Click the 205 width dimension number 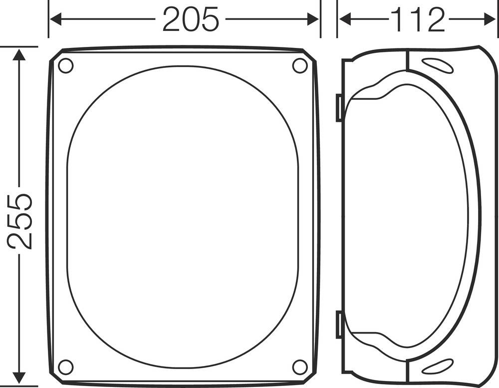[191, 20]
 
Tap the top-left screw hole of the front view [65, 65]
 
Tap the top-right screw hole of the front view [300, 65]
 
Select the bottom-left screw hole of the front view [65, 367]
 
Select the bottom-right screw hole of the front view [300, 367]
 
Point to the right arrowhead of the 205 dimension [313, 20]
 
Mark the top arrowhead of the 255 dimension [19, 54]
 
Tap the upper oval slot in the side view [437, 65]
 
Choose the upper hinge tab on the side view [339, 107]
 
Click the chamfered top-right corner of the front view [311, 54]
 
